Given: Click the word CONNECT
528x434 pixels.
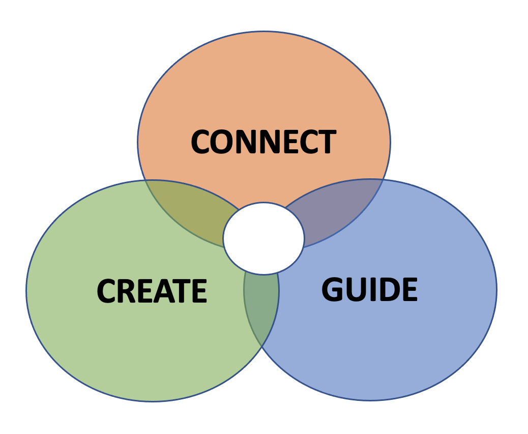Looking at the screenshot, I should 263,142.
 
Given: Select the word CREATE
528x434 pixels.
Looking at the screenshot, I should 152,291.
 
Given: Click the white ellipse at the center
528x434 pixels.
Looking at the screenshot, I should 263,238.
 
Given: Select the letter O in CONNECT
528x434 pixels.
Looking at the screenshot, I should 223,142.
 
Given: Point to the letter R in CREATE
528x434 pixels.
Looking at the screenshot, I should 127,291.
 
